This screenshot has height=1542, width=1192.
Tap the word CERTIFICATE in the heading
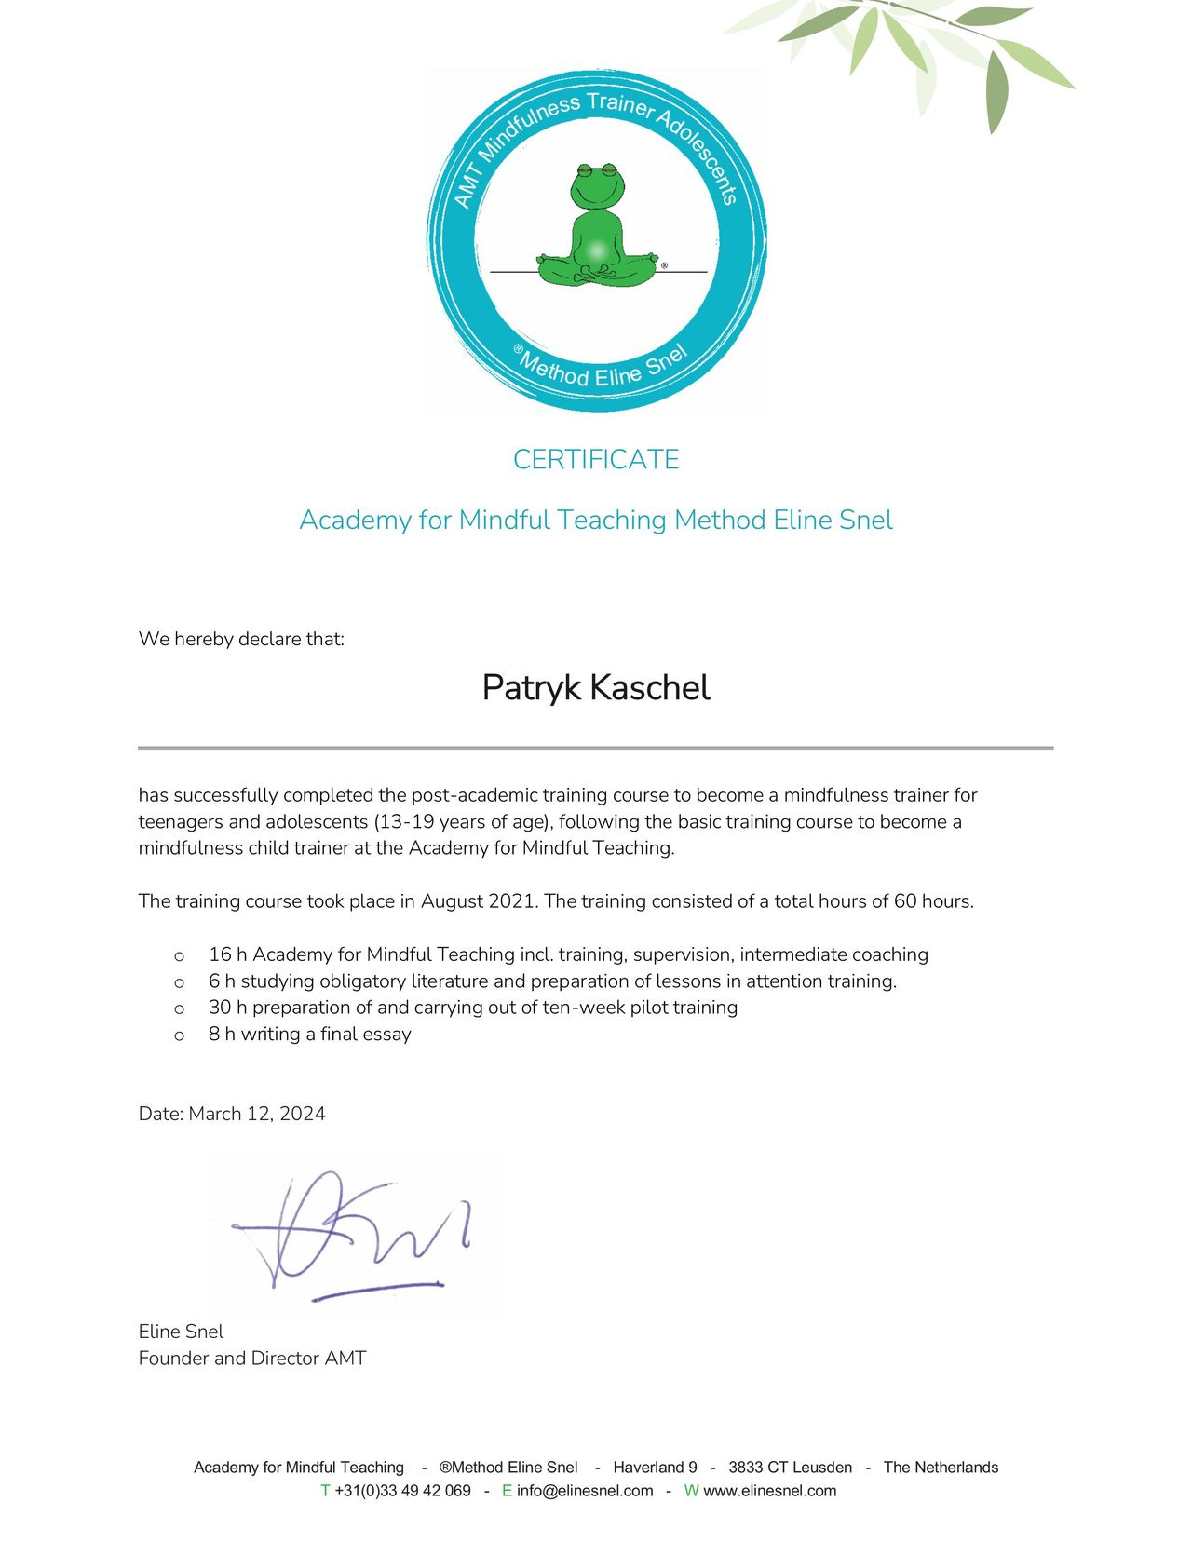[596, 459]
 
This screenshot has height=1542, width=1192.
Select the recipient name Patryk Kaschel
[596, 688]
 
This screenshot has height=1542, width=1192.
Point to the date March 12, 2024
[257, 1114]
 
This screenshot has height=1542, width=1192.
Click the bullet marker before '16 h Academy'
[179, 956]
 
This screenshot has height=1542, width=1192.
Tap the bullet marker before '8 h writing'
[179, 1035]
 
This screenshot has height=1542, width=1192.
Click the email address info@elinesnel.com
[585, 1491]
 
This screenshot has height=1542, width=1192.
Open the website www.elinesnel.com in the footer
[769, 1491]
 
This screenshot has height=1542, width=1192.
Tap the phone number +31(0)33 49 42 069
[402, 1491]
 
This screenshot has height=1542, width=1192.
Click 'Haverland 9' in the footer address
[655, 1468]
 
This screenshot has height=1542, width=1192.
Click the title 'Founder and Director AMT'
[252, 1359]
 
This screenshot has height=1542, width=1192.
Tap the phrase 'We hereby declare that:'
[241, 639]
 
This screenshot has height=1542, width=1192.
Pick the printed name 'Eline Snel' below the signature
[181, 1332]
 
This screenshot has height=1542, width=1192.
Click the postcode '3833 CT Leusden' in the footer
[790, 1468]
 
